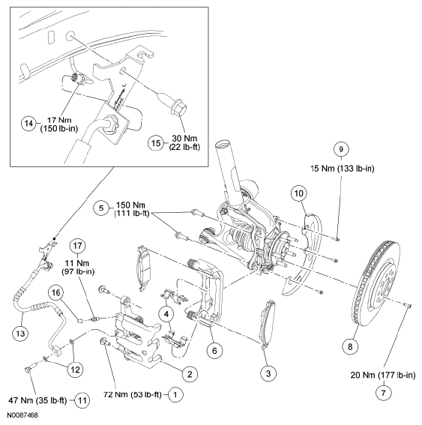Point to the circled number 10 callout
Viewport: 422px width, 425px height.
299,193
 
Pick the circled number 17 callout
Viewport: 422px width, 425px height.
76,244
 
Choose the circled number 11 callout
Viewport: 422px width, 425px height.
82,400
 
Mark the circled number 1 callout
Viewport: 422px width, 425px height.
175,392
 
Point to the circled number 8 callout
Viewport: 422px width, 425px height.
350,346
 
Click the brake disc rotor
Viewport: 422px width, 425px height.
378,285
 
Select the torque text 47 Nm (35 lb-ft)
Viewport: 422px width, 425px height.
37,400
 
